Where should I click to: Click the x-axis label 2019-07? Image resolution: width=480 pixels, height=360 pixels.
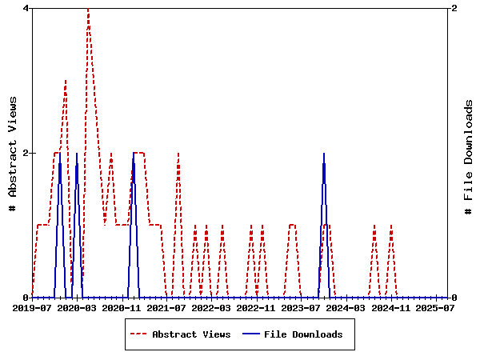pos(32,307)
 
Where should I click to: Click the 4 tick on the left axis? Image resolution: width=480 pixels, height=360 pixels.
pos(26,8)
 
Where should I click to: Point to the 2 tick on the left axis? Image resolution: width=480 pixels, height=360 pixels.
pos(26,153)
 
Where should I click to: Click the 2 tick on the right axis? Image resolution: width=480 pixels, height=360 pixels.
pos(454,8)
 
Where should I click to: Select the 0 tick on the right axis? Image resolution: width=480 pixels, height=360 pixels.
pos(454,298)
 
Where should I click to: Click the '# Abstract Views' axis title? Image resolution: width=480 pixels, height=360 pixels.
pos(12,153)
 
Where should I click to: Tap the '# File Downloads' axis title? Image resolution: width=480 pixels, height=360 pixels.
pos(469,153)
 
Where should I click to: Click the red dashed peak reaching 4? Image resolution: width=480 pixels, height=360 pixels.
pos(88,10)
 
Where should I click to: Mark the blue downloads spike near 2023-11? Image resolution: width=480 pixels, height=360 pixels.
pos(324,154)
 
